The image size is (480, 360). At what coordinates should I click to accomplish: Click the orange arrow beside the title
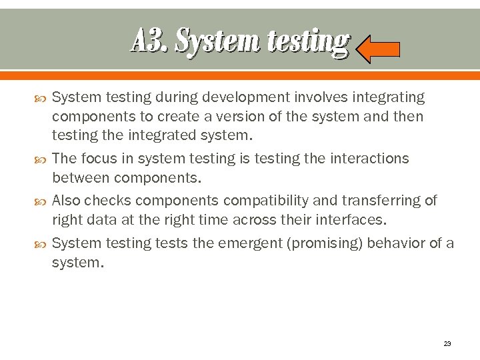pos(377,49)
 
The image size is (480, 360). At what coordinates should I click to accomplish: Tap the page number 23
pos(447,344)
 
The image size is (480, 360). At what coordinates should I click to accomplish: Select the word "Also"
pos(67,201)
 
